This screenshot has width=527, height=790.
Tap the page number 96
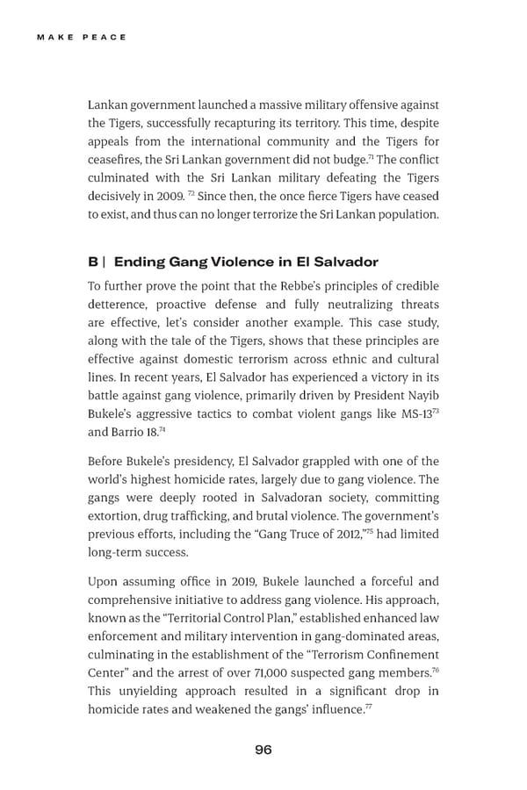[x=263, y=749]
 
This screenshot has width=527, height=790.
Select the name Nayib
[x=421, y=394]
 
